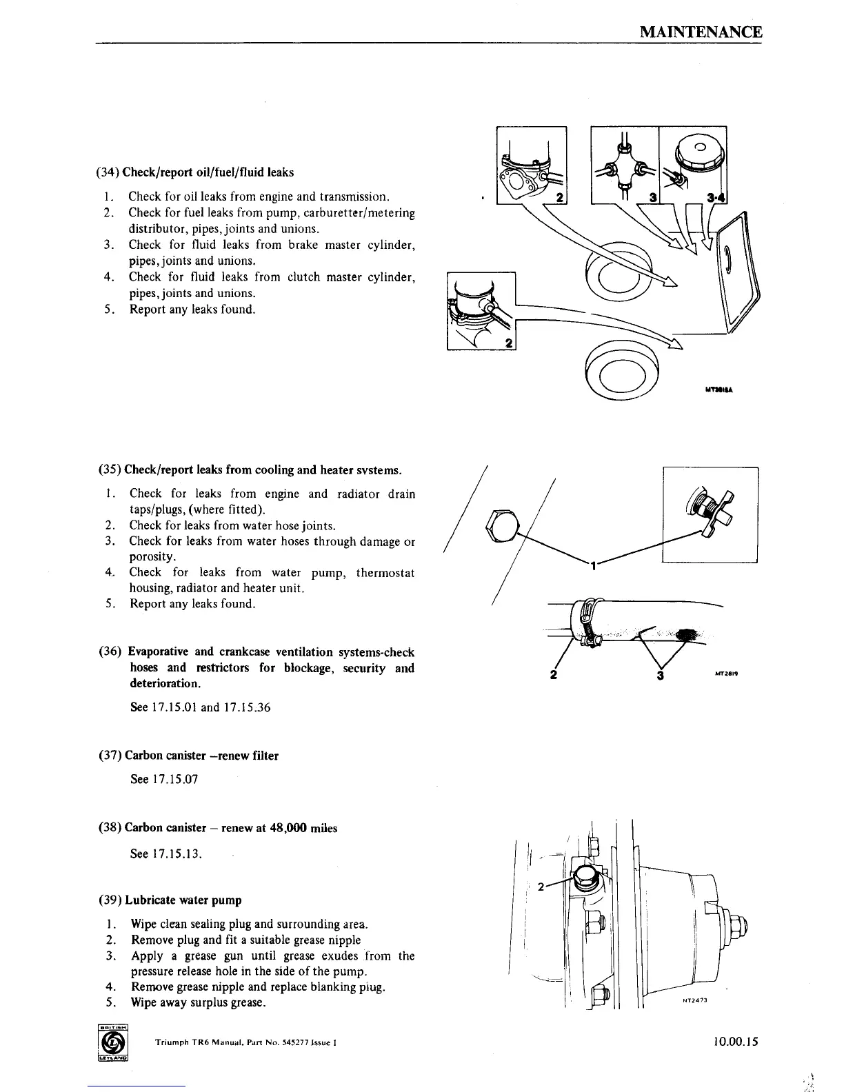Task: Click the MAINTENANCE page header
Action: click(x=700, y=32)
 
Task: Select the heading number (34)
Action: click(x=108, y=172)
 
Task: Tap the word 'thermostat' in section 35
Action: click(x=385, y=572)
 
